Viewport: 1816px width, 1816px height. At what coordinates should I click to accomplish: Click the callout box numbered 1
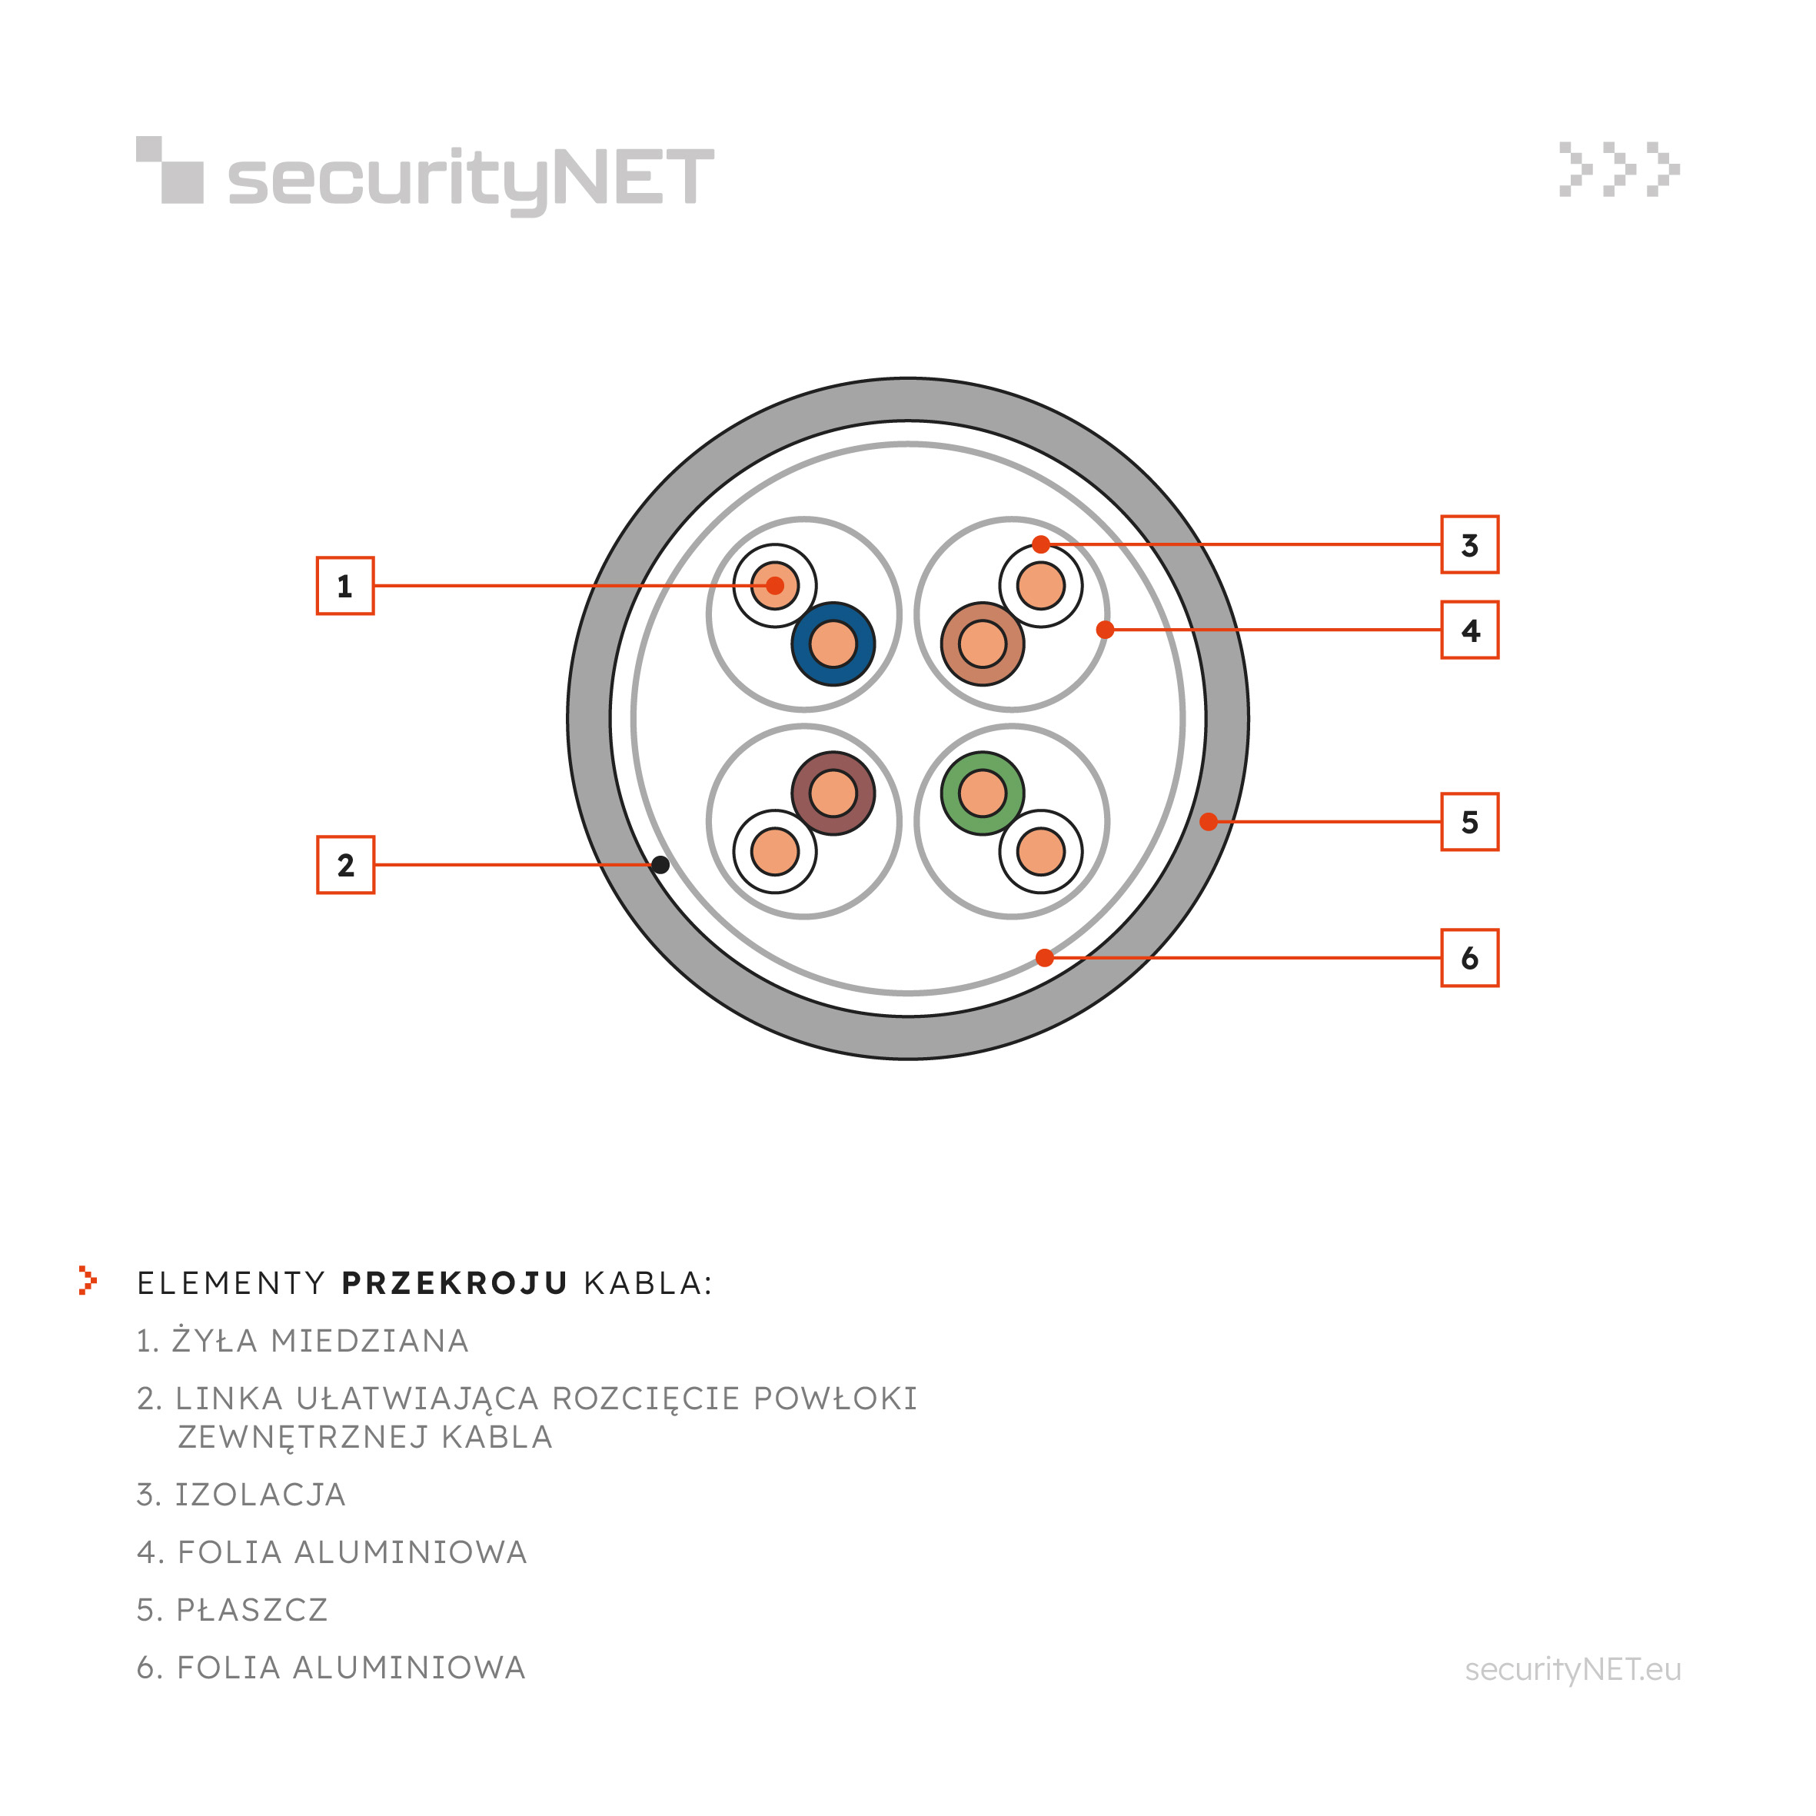[345, 586]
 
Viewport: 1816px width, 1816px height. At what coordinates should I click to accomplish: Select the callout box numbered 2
[345, 865]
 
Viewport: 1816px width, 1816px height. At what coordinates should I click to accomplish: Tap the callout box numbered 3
[1470, 544]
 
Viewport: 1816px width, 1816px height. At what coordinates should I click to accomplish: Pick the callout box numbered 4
[1470, 630]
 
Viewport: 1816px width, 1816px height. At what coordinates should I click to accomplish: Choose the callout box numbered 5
[1470, 822]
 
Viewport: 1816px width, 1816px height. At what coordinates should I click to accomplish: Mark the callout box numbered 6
[1470, 958]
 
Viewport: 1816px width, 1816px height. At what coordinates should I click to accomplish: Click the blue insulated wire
[833, 644]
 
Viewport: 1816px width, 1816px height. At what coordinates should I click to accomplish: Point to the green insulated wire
[983, 793]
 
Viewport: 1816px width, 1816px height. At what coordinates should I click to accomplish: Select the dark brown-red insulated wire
[833, 793]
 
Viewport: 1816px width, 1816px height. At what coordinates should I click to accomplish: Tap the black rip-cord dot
[660, 865]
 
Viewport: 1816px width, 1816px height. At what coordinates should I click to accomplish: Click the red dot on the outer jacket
[1209, 822]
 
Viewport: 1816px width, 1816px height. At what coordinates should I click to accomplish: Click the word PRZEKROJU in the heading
[454, 1283]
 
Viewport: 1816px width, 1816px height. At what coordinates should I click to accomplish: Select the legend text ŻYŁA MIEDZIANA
[320, 1340]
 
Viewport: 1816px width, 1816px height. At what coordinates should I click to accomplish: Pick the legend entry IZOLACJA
[261, 1495]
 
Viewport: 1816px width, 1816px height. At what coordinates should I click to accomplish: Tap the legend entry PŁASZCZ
[252, 1610]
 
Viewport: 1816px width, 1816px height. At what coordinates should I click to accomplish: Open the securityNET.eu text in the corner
[1572, 1669]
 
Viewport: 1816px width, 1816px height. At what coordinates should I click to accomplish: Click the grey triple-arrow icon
[1619, 169]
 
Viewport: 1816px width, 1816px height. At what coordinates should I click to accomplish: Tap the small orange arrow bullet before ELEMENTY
[88, 1280]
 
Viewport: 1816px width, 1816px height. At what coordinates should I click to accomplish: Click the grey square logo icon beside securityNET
[170, 170]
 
